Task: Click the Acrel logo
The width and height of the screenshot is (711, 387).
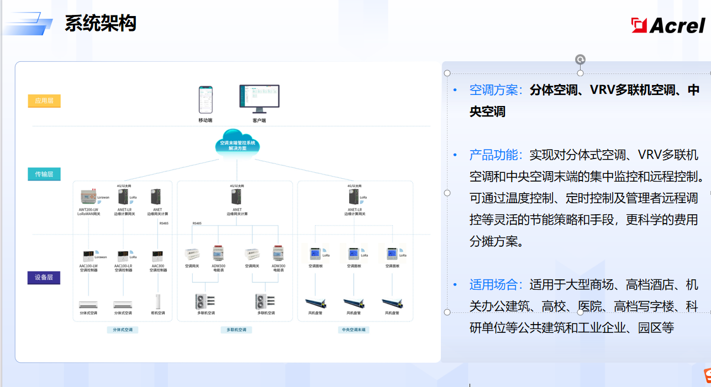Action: point(668,25)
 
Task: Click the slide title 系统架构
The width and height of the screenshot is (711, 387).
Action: point(100,23)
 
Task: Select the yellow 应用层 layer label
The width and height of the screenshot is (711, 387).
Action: point(44,100)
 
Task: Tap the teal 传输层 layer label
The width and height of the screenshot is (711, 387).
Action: point(44,174)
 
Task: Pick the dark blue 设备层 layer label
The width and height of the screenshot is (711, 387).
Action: point(44,277)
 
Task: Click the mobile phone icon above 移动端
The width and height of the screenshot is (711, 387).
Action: point(206,99)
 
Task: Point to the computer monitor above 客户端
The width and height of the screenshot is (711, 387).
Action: point(259,98)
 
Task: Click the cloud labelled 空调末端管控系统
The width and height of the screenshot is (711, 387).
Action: point(238,144)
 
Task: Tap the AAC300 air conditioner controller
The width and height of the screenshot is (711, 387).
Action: point(158,256)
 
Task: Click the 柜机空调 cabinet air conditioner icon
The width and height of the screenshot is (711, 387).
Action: point(158,301)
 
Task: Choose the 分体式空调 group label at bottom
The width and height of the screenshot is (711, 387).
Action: point(122,330)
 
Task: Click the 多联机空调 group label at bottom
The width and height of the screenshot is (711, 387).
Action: point(236,330)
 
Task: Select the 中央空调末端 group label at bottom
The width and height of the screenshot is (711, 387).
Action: point(354,330)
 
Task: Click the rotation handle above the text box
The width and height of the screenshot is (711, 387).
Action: point(580,60)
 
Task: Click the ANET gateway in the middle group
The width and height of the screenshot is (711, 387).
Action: point(237,197)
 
